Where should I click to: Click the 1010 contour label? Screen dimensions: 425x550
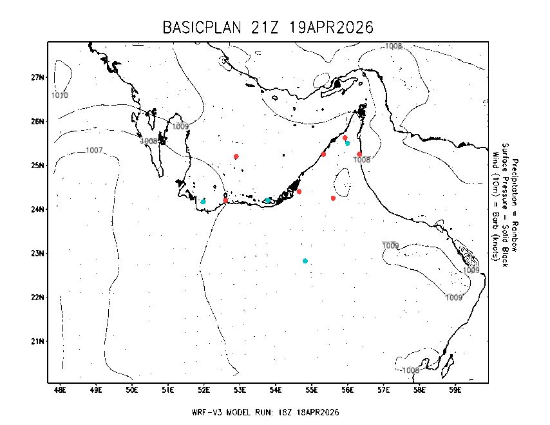[60, 95]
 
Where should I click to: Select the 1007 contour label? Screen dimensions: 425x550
[94, 150]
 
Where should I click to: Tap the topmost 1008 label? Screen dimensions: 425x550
[394, 46]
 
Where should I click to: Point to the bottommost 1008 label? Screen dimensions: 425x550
[411, 370]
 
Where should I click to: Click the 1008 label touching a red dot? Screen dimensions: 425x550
[362, 160]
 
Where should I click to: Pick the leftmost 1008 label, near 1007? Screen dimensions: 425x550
[149, 141]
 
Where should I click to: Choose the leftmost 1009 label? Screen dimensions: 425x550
[180, 126]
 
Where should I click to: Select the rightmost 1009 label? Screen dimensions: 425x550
[471, 270]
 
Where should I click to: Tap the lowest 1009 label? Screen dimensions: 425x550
[454, 297]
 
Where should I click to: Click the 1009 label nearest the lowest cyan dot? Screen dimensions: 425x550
[390, 245]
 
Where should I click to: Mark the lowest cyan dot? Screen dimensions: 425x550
[305, 261]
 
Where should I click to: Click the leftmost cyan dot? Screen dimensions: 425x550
[203, 202]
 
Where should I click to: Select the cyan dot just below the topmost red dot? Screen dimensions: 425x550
[347, 143]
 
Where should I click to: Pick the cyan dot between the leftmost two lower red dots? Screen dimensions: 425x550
[268, 200]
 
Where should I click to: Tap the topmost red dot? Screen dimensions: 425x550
[345, 137]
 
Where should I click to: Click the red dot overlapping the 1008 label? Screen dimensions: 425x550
[359, 155]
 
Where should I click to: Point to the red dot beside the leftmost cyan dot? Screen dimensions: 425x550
[225, 200]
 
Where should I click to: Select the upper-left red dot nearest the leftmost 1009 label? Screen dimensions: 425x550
[236, 156]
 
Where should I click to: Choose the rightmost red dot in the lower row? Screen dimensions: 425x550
[333, 198]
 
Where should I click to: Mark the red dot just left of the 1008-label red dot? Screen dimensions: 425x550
[323, 155]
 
